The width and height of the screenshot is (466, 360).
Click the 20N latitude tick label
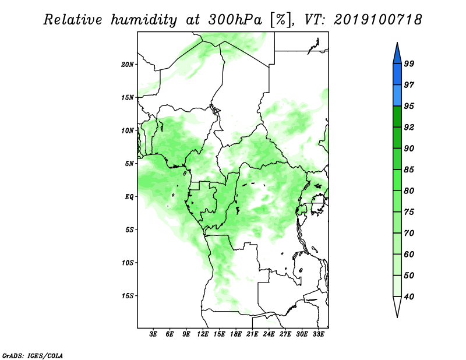pyautogui.click(x=128, y=65)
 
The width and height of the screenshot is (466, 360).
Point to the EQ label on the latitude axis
pyautogui.click(x=129, y=197)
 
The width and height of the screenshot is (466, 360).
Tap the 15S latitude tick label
pyautogui.click(x=128, y=296)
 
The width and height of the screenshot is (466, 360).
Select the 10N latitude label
pyautogui.click(x=128, y=130)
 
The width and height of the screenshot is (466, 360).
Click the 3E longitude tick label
pyautogui.click(x=153, y=334)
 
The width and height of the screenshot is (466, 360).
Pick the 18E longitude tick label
pyautogui.click(x=236, y=334)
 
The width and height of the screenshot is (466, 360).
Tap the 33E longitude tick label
pyautogui.click(x=318, y=334)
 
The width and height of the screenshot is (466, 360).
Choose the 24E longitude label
pyautogui.click(x=269, y=334)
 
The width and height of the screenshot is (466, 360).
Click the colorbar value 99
pyautogui.click(x=409, y=63)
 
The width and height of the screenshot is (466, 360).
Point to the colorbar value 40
pyautogui.click(x=409, y=297)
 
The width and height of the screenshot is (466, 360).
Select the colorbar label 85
pyautogui.click(x=409, y=170)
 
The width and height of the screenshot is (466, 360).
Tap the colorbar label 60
pyautogui.click(x=409, y=254)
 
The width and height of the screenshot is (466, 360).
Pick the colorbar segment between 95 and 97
pyautogui.click(x=397, y=96)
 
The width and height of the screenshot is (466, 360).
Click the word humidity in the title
pyautogui.click(x=144, y=20)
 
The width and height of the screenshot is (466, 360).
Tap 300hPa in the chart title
pyautogui.click(x=235, y=20)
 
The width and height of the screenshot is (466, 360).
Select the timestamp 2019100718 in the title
pyautogui.click(x=377, y=20)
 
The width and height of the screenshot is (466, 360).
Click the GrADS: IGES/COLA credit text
pyautogui.click(x=33, y=355)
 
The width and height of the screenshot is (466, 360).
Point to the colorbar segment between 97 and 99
pyautogui.click(x=397, y=75)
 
